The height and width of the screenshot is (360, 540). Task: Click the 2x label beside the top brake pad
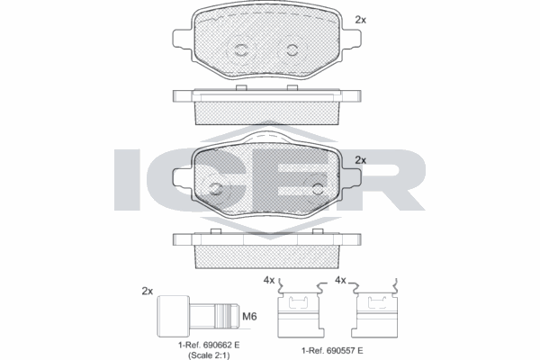pyautogui.click(x=361, y=20)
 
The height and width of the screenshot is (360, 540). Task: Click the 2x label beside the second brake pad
pyautogui.click(x=361, y=160)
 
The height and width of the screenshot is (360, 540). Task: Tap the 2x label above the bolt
pyautogui.click(x=147, y=291)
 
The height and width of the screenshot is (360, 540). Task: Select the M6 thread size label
pyautogui.click(x=249, y=316)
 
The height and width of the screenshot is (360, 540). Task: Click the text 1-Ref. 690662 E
pyautogui.click(x=209, y=345)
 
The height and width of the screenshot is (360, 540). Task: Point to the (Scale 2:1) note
pyautogui.click(x=209, y=355)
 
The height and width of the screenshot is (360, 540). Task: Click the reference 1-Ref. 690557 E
pyautogui.click(x=332, y=351)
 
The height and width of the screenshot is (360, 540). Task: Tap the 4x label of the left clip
pyautogui.click(x=269, y=281)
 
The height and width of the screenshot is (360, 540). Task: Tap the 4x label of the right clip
pyautogui.click(x=340, y=281)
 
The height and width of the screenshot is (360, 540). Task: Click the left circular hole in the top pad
pyautogui.click(x=240, y=50)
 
